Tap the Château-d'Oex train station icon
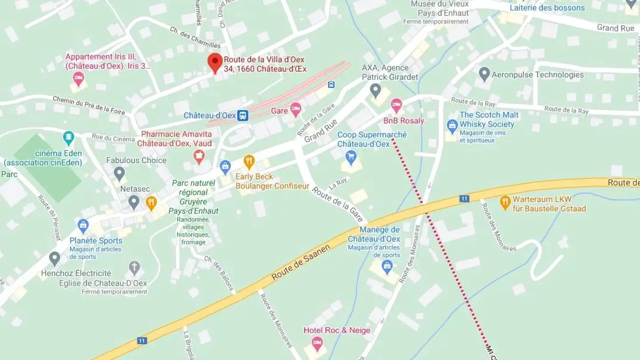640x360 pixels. point(243,116)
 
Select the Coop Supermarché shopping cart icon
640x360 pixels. point(351,156)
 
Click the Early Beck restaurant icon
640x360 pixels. point(249,162)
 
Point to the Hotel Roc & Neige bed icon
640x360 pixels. point(317,343)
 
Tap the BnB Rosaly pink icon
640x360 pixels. point(396,105)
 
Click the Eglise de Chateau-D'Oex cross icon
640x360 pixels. point(134,268)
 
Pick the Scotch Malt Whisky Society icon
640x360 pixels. point(452,126)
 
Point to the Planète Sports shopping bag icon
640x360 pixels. point(83,226)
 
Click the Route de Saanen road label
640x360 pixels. point(301,262)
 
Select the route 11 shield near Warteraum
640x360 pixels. point(464,199)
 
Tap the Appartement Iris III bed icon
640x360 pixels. point(78,79)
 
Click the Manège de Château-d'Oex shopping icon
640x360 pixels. point(387,267)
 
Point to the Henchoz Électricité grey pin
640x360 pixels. point(55,258)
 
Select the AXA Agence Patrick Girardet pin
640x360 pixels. point(376,90)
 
